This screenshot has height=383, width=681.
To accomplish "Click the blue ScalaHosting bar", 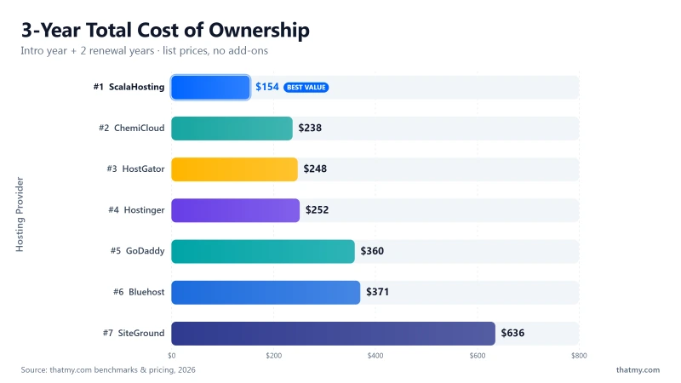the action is (210, 88).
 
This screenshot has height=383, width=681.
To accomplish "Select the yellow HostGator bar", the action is (235, 169).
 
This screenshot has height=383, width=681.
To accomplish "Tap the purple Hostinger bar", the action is (236, 210).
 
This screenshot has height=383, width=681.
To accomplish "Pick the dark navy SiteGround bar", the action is (333, 334).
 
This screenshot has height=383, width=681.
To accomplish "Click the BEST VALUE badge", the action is (306, 88).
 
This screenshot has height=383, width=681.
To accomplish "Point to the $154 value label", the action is (267, 87).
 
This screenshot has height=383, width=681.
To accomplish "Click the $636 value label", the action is (513, 333).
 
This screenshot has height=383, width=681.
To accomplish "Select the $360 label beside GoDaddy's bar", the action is (372, 251).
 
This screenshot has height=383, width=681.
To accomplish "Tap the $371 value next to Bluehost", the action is (377, 292).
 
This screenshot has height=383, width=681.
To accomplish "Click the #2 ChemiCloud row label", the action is (132, 129).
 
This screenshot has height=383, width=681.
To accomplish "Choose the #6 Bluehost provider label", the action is (139, 292).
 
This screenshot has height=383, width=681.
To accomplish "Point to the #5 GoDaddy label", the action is (138, 251).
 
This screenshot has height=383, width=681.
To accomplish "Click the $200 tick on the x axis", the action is (273, 356).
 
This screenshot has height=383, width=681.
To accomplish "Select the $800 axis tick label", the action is (579, 356).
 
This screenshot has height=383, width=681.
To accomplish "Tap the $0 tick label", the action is (172, 356).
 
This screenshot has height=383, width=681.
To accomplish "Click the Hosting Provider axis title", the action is (20, 214).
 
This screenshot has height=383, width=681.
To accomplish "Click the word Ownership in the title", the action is (260, 31).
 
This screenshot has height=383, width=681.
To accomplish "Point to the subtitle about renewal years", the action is (144, 51).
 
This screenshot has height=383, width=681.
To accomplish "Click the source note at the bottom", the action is (108, 370).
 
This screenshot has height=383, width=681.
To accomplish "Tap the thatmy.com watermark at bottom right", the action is (638, 370).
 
